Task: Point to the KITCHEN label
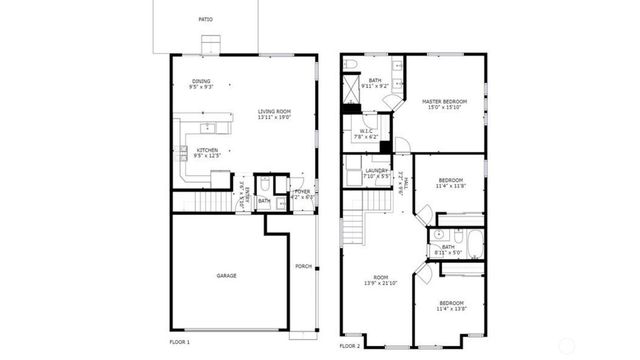tap(207, 152)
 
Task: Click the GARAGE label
tap(226, 275)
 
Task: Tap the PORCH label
tap(303, 266)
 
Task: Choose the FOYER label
tap(302, 193)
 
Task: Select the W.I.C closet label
tap(365, 134)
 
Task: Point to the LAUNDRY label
tap(376, 172)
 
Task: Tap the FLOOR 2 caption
tap(349, 345)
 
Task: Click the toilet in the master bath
tap(351, 66)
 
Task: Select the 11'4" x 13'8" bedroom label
tap(450, 304)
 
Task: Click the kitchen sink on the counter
tap(209, 127)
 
